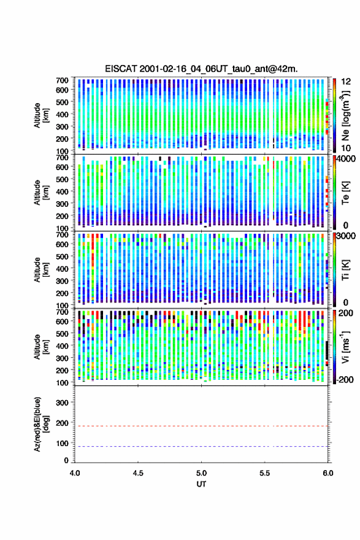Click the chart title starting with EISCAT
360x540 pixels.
[201, 69]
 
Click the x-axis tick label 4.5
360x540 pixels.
[138, 473]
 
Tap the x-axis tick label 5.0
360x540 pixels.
[201, 473]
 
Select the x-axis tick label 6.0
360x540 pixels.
[328, 473]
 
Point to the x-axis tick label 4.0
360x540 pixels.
[75, 473]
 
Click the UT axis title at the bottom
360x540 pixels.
[201, 484]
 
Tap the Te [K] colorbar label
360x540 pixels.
[345, 193]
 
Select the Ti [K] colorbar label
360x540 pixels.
[345, 269]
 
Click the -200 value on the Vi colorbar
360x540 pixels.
[344, 379]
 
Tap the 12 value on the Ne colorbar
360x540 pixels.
[346, 82]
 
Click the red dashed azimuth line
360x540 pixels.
[201, 426]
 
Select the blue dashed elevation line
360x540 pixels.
[201, 446]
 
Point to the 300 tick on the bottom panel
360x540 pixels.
[62, 403]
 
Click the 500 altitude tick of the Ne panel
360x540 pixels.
[62, 102]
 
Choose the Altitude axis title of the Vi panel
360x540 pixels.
[41, 347]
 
